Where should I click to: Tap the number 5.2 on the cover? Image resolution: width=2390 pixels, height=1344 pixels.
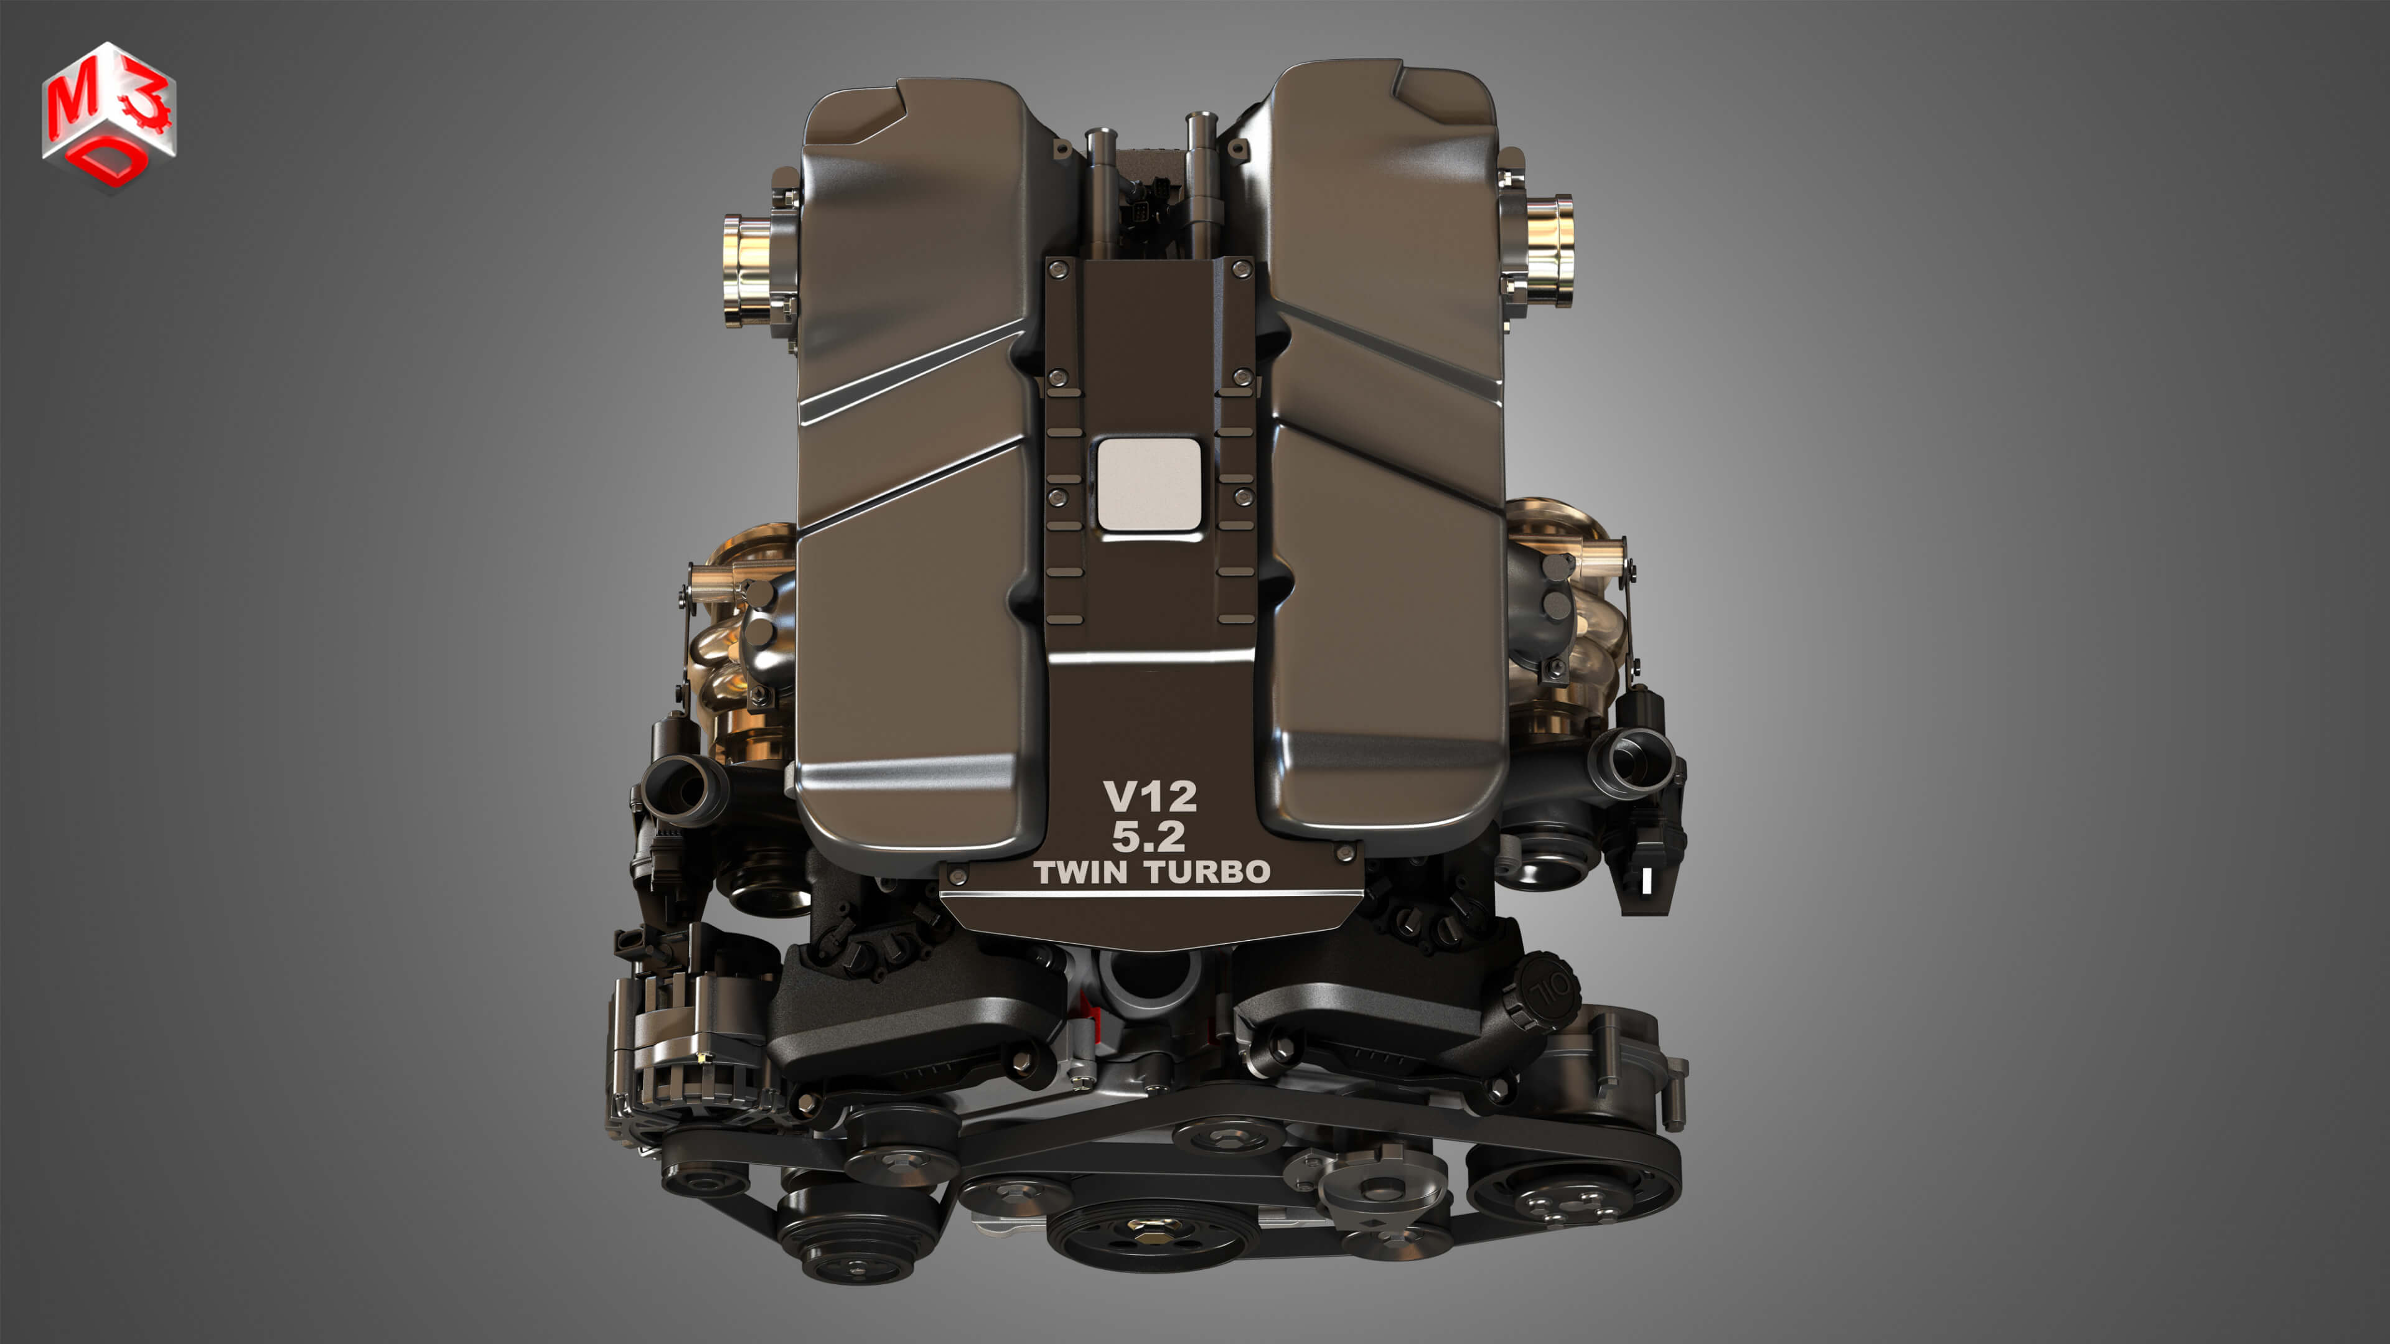[x=1148, y=837]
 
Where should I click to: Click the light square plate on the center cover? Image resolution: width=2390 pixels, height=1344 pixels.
[x=1148, y=484]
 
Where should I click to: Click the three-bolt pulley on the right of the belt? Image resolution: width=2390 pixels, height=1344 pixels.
[x=1563, y=1198]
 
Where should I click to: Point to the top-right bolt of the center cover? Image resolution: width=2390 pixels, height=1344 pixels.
[x=1240, y=269]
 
